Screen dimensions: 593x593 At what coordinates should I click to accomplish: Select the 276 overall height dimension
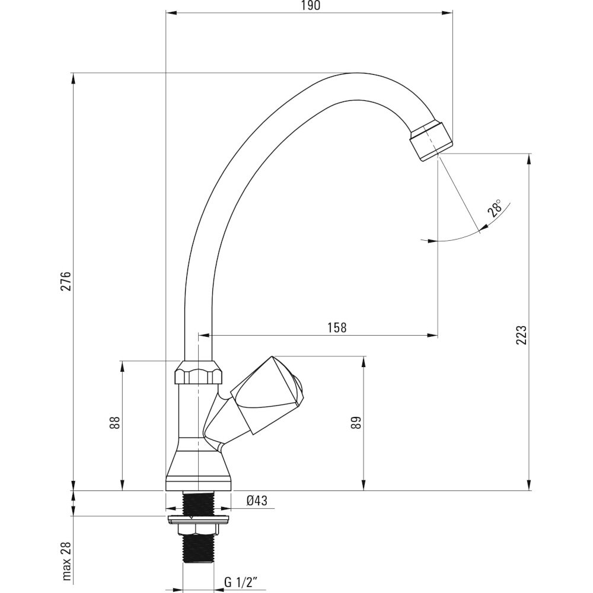pos(66,280)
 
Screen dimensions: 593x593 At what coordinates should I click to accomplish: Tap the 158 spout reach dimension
pos(337,327)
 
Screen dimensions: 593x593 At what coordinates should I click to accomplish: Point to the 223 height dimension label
pos(521,334)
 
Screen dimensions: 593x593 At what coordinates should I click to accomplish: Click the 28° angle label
pos(495,208)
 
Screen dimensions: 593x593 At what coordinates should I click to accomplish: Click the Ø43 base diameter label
pos(257,500)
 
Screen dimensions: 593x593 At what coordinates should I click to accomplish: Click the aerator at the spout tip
pos(431,141)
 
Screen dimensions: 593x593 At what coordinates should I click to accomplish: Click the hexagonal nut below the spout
pos(199,372)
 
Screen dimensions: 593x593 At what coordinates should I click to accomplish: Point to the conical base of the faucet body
pos(199,464)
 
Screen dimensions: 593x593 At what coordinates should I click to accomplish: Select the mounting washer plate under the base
pos(198,519)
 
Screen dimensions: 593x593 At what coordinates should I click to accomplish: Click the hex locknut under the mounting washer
pos(199,530)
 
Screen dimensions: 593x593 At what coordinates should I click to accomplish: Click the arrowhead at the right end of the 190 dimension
pos(448,14)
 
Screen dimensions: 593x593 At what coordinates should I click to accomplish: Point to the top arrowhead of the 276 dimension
pos(74,78)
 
